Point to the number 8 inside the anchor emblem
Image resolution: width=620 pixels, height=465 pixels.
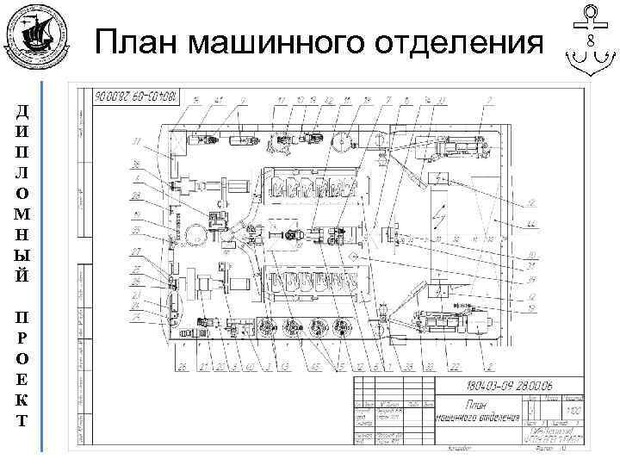click(x=591, y=41)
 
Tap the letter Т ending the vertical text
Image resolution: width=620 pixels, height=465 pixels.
click(x=22, y=422)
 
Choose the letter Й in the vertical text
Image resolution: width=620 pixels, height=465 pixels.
click(x=22, y=277)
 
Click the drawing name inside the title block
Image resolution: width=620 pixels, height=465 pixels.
click(x=479, y=411)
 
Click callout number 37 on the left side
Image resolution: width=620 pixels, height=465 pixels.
click(x=135, y=141)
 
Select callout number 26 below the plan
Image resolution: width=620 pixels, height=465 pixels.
click(x=183, y=367)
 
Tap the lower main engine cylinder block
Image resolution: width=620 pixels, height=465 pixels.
click(x=319, y=281)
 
